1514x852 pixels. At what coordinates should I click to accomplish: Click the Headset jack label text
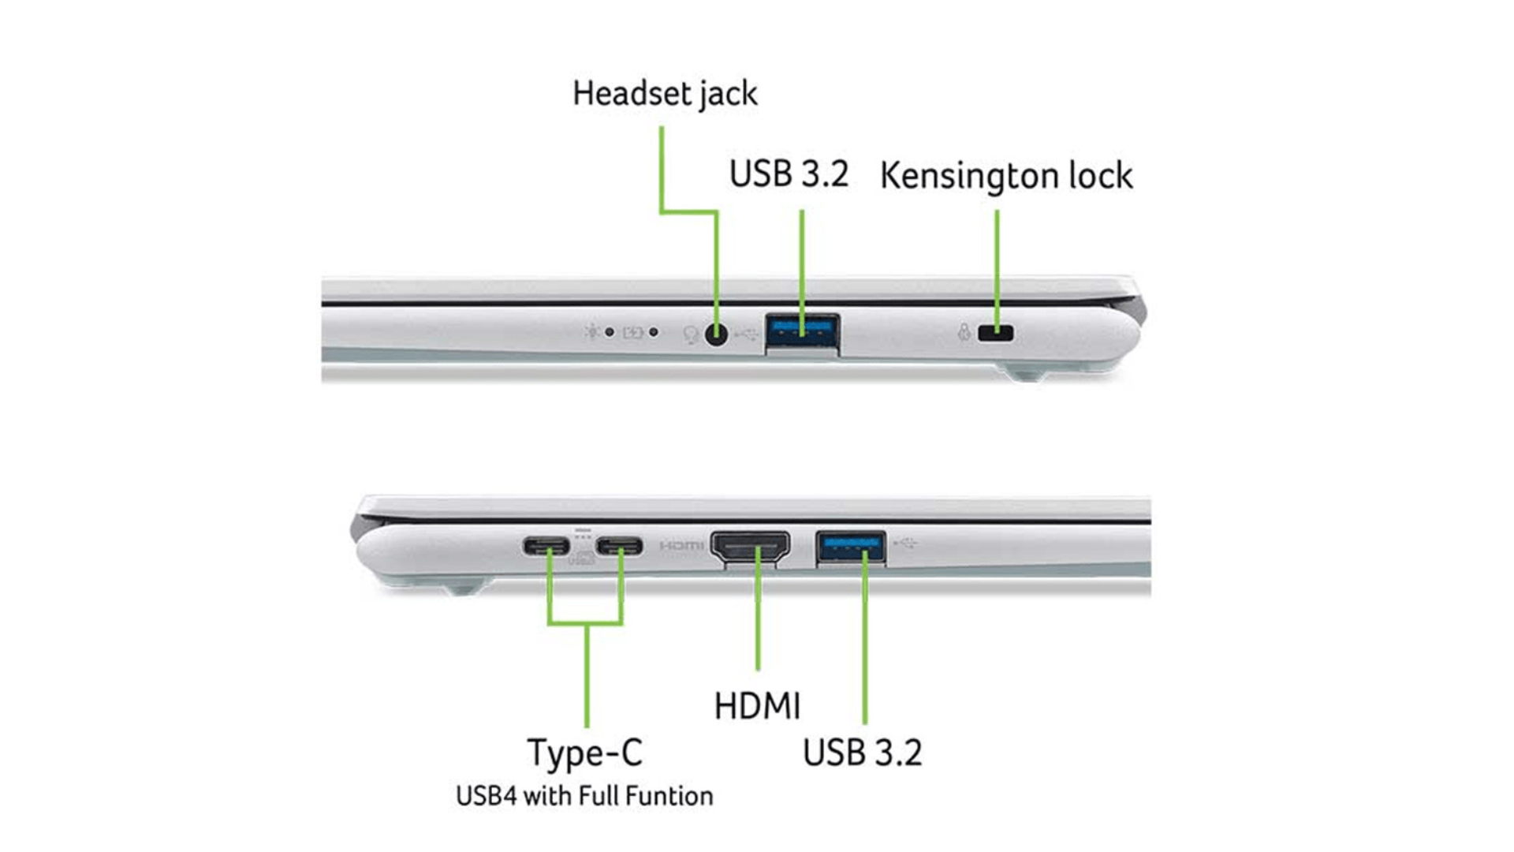[x=665, y=94]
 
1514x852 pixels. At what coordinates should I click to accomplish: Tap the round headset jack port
[x=716, y=334]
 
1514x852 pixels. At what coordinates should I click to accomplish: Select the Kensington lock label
[x=1005, y=175]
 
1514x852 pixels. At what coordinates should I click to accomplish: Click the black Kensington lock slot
[x=995, y=333]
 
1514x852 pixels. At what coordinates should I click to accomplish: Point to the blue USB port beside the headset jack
[x=802, y=331]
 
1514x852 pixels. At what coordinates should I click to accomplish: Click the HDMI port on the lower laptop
[x=750, y=546]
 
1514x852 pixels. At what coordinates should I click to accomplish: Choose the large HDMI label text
[x=757, y=706]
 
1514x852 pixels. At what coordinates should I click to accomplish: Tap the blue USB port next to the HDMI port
[x=850, y=546]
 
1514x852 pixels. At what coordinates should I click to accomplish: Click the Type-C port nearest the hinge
[x=546, y=546]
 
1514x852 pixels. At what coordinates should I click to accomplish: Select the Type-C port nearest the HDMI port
[x=619, y=546]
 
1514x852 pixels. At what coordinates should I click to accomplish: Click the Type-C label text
[x=584, y=753]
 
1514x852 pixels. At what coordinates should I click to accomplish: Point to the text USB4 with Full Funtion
[x=584, y=796]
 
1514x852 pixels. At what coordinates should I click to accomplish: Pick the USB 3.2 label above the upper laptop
[x=789, y=174]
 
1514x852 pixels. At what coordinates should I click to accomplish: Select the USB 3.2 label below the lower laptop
[x=862, y=753]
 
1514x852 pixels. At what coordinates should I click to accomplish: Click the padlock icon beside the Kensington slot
[x=964, y=332]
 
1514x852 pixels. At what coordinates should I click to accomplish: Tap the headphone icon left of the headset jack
[x=690, y=335]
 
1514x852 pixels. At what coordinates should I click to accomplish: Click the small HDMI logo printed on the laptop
[x=681, y=546]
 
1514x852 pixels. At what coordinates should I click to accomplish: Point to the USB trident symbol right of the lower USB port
[x=906, y=543]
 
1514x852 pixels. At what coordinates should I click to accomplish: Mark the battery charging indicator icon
[x=632, y=333]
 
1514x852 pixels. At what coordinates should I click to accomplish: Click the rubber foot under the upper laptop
[x=1027, y=372]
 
